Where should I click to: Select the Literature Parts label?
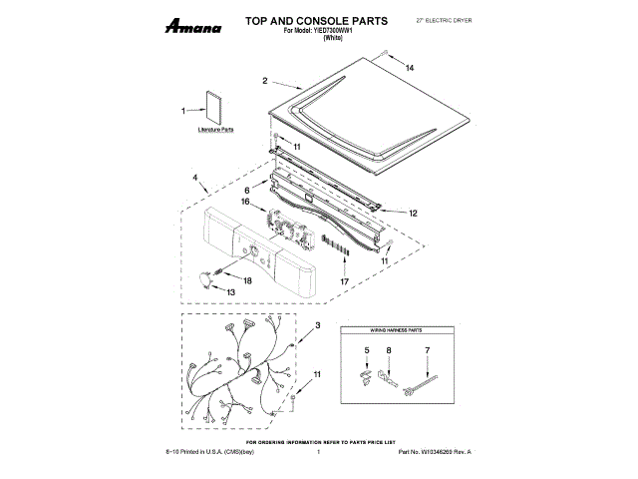pyautogui.click(x=215, y=131)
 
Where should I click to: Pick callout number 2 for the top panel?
pyautogui.click(x=265, y=80)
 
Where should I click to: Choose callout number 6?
pyautogui.click(x=246, y=188)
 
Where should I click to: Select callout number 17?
pyautogui.click(x=345, y=281)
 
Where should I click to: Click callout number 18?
pyautogui.click(x=247, y=281)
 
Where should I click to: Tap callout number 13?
pyautogui.click(x=231, y=291)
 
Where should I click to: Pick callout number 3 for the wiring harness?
pyautogui.click(x=317, y=326)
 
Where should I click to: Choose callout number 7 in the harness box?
pyautogui.click(x=426, y=350)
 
